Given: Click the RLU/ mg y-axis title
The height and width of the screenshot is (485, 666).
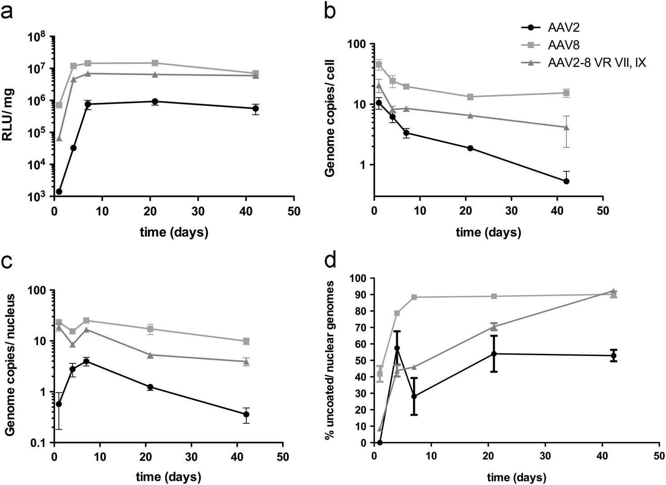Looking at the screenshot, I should coord(9,115).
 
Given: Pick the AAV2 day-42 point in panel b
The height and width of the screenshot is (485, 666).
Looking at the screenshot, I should coord(566,181).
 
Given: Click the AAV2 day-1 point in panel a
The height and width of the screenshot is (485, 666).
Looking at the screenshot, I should coord(59,192).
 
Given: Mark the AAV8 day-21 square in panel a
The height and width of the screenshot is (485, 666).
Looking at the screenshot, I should coord(155,63).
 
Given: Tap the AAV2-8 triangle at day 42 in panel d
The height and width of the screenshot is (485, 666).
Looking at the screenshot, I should coord(614,291).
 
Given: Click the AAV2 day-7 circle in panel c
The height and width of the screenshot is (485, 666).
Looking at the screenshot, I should coord(86,361).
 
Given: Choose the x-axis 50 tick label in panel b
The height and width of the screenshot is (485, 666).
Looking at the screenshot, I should coord(603,211).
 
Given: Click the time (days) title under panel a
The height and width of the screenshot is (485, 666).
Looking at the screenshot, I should coord(174,232).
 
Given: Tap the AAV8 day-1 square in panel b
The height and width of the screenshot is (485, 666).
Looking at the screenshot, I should coord(379,65).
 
